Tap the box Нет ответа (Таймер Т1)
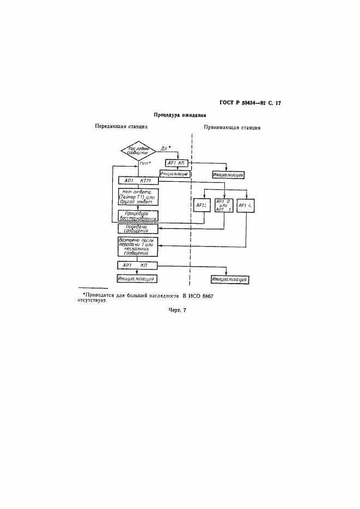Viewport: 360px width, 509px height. tap(138, 195)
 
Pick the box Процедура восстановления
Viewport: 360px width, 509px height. tap(138, 216)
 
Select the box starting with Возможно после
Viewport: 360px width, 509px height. tap(138, 246)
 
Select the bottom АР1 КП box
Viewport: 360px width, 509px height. tap(138, 265)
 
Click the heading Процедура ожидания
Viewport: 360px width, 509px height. tap(179, 115)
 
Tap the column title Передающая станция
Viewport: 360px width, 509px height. tap(121, 126)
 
